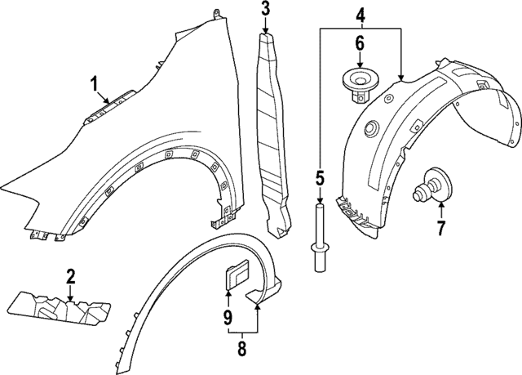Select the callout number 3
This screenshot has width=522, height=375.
pos(265,10)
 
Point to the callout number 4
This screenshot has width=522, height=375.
pos(361,14)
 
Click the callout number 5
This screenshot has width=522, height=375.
pos(320,177)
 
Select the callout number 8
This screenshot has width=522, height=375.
pos(241,350)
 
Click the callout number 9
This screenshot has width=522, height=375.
pos(228,315)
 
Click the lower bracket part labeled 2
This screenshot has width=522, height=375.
pos(59,306)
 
